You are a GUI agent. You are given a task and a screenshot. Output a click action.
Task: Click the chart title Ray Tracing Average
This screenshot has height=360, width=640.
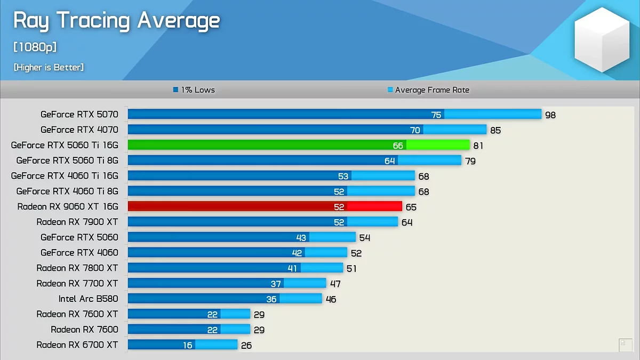116,21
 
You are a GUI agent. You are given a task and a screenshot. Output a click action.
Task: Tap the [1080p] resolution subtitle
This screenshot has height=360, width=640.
35,47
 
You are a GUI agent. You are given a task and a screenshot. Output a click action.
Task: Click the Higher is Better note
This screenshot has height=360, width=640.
49,67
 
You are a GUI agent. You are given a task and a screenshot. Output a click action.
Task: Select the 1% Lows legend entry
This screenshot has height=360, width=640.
194,90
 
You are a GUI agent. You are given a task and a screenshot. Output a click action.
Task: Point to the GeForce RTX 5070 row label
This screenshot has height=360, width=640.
79,114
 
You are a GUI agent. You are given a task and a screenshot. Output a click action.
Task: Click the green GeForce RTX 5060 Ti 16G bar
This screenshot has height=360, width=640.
299,145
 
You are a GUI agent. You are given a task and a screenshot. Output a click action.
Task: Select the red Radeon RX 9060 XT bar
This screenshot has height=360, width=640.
265,206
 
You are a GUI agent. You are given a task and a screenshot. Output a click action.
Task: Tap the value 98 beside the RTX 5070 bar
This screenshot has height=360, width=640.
550,115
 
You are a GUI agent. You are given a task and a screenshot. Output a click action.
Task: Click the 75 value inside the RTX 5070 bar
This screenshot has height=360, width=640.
436,115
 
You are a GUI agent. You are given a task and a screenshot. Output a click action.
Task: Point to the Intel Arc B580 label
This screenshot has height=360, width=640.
88,299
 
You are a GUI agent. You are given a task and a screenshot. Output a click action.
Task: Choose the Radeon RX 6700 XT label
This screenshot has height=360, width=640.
77,345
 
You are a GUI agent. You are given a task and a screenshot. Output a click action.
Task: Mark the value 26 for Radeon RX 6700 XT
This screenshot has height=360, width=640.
246,346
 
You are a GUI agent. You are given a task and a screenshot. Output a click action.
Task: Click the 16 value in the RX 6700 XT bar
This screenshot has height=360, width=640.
188,346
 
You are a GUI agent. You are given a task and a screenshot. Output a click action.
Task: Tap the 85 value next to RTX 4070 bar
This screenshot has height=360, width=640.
495,130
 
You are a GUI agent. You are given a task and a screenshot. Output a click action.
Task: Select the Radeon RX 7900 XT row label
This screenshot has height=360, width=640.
77,222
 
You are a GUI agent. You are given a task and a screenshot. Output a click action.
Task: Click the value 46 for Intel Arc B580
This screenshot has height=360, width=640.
331,299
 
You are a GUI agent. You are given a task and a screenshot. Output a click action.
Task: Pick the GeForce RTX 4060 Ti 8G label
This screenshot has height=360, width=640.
67,191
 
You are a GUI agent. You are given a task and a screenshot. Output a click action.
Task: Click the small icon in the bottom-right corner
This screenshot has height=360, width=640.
625,345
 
